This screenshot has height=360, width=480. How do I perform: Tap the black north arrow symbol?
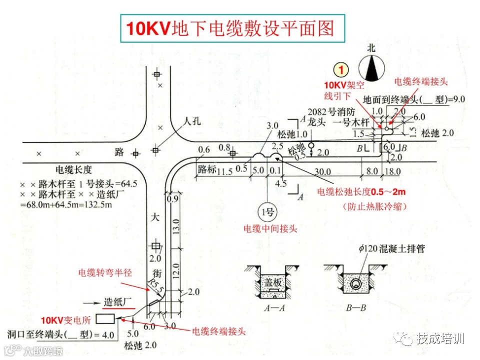[x=370, y=68]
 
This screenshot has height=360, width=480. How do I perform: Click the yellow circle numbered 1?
[x=341, y=69]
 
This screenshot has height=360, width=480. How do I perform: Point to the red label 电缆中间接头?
[x=270, y=229]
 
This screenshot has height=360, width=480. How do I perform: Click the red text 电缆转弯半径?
[x=104, y=273]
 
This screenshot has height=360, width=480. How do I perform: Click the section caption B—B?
[x=355, y=308]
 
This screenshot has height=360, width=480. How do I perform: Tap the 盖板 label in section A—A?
[x=272, y=283]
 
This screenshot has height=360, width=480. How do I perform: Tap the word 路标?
[x=207, y=169]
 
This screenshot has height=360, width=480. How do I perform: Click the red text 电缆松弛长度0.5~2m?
[x=362, y=192]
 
